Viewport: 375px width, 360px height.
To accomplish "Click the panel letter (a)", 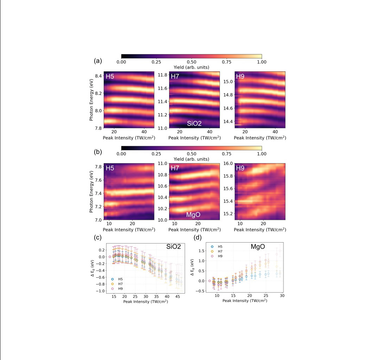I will click(x=98, y=61).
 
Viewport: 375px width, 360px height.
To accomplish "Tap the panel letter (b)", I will click(x=98, y=153).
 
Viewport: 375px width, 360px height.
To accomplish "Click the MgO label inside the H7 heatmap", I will click(x=193, y=214).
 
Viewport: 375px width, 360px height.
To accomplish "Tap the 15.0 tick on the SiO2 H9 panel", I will click(x=229, y=82).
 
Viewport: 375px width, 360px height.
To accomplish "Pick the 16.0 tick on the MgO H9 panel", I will click(x=229, y=163).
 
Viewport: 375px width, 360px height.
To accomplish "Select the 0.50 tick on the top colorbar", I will click(x=191, y=62).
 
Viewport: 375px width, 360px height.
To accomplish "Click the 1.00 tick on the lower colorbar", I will click(x=261, y=154).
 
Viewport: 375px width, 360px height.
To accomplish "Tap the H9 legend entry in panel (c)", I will click(x=118, y=288).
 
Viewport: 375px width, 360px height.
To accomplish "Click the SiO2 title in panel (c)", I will click(x=173, y=247).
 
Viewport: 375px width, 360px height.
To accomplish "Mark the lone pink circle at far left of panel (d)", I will click(x=210, y=281).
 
